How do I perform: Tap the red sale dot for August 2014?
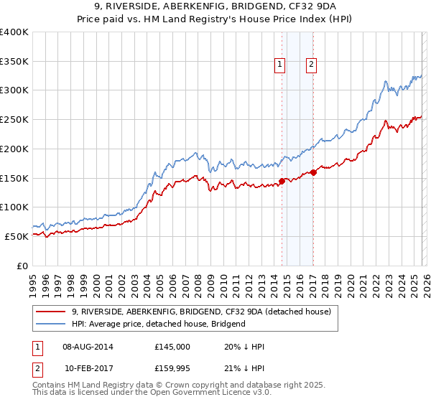[x=282, y=181]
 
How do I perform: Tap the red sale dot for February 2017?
[x=313, y=172]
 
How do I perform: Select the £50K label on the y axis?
[x=17, y=236]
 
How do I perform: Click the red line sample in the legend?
[x=52, y=312]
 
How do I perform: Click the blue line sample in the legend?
[x=52, y=324]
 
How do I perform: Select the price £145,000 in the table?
[x=172, y=347]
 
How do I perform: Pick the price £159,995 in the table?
[x=172, y=368]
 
